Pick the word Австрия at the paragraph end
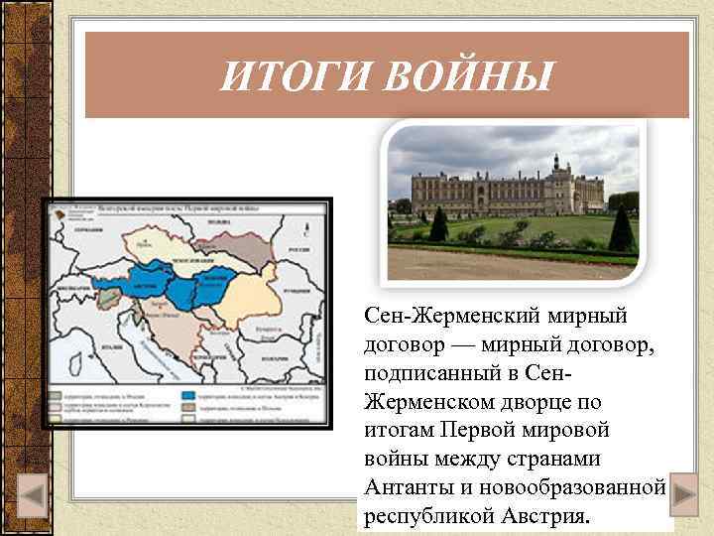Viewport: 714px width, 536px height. tap(545, 517)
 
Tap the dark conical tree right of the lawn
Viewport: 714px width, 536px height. tap(622, 229)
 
